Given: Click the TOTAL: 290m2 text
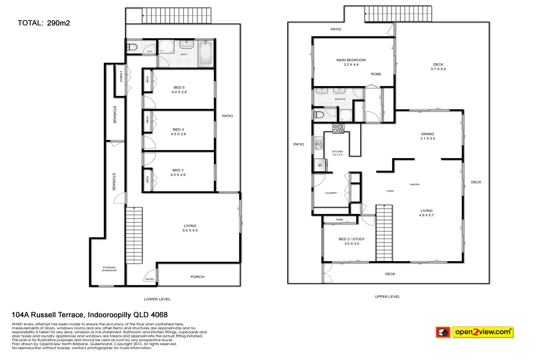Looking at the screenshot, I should (x=44, y=23).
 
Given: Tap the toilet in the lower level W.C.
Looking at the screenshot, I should (x=132, y=48).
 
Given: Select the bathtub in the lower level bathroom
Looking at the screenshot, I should (x=205, y=53).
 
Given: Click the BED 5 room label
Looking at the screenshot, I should (x=179, y=90).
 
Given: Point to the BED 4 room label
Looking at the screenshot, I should (x=178, y=132).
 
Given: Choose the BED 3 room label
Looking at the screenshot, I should (x=178, y=172).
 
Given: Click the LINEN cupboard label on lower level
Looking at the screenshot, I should (x=121, y=76).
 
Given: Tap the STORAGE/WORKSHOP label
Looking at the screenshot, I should (x=109, y=269).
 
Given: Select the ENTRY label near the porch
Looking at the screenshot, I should (x=150, y=279).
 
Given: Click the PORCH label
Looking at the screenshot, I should (x=197, y=277).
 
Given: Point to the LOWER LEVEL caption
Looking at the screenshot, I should (x=157, y=299).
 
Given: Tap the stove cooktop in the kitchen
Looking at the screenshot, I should (x=338, y=128).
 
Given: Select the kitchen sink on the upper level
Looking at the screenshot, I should (x=319, y=144).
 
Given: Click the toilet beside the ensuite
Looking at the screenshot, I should (x=319, y=115).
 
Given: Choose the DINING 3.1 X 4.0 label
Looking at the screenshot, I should (x=427, y=136).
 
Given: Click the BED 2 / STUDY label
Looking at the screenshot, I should (x=352, y=241).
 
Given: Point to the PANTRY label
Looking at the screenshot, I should (x=415, y=184).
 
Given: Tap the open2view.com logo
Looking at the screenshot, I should (x=483, y=332).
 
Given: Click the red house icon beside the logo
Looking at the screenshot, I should (x=443, y=332).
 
